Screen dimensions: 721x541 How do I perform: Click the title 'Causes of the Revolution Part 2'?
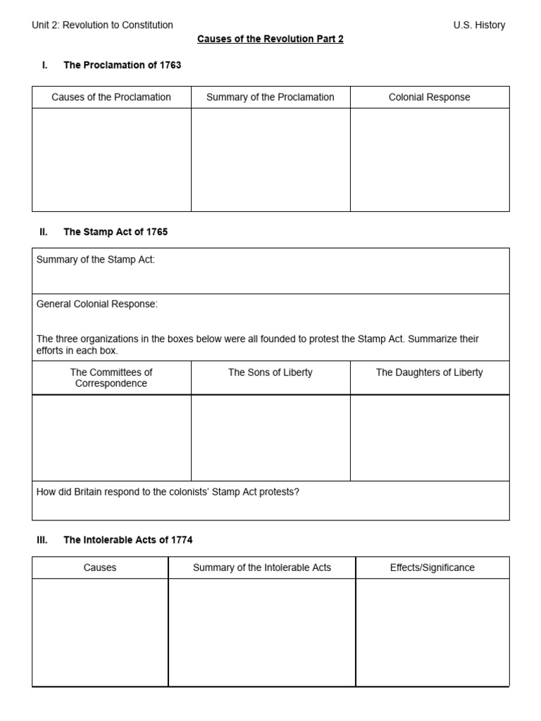(270, 39)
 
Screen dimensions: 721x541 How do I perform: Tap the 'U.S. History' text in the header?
(479, 25)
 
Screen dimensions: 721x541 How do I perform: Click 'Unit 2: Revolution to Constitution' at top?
(103, 25)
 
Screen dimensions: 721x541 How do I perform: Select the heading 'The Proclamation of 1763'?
(122, 65)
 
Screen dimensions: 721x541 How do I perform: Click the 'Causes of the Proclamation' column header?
(111, 97)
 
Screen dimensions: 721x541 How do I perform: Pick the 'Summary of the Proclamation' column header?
(270, 97)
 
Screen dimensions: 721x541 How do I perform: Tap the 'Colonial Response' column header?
(429, 97)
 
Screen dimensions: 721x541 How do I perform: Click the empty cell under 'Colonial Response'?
(429, 160)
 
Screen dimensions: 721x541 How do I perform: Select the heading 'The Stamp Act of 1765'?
(116, 232)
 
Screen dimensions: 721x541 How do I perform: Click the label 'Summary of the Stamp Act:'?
(96, 260)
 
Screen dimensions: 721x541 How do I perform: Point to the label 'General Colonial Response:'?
(97, 303)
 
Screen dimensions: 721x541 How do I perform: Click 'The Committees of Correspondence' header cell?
(111, 378)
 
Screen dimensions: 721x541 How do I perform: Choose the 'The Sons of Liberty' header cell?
(270, 372)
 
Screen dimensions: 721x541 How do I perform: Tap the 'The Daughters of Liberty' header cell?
(429, 372)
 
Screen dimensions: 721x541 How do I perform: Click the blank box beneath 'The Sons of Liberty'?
(270, 438)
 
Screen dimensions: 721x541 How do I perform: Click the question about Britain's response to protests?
(168, 492)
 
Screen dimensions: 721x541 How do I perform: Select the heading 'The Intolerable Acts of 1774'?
(128, 540)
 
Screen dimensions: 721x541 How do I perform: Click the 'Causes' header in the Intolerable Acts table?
(100, 568)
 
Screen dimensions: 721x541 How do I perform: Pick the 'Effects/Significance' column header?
(433, 568)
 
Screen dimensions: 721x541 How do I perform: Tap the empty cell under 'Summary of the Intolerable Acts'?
(262, 632)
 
